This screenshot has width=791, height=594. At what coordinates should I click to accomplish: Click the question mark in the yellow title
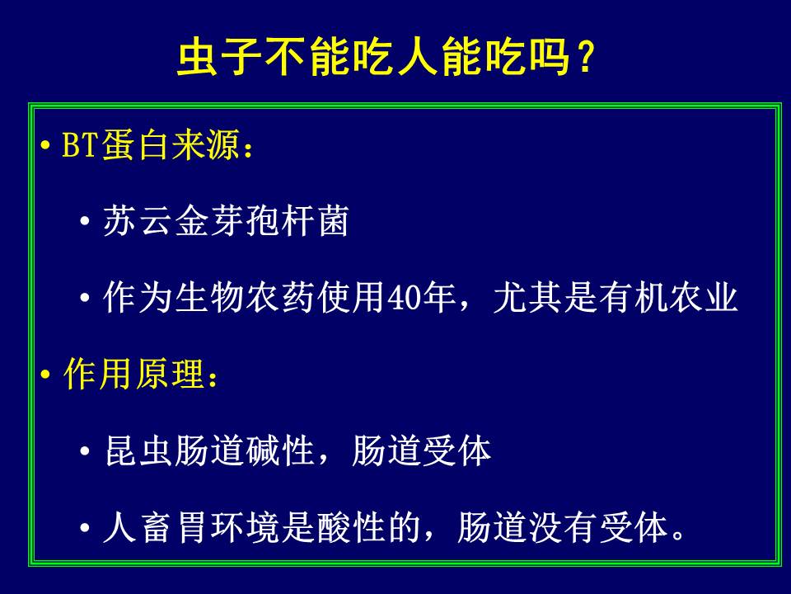tap(586, 57)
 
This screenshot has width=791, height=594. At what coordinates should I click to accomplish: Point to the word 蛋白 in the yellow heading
tap(135, 145)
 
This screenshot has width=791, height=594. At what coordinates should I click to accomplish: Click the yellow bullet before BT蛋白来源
tap(45, 146)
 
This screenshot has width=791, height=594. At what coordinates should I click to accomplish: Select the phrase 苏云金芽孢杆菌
tap(226, 221)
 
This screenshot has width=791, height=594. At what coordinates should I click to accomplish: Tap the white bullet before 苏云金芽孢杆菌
tap(85, 221)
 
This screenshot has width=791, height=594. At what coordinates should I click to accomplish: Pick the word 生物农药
tap(246, 297)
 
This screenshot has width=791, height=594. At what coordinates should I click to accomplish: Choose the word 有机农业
tap(668, 297)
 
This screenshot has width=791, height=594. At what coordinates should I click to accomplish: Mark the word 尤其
tap(527, 297)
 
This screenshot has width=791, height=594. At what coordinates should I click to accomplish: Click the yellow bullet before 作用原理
tap(45, 375)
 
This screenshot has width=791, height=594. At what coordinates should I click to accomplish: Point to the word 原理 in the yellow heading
tap(170, 375)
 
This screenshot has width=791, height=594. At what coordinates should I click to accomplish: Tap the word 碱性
tap(280, 450)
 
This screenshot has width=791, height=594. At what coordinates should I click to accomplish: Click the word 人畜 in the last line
tap(138, 527)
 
